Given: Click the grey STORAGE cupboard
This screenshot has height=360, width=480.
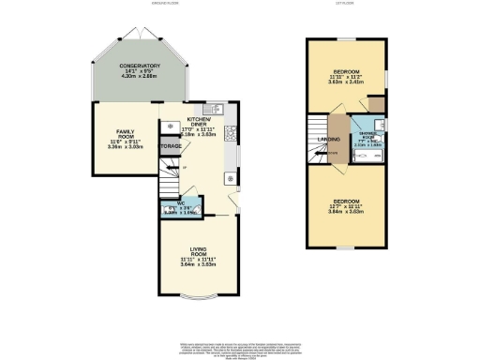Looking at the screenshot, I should pyautogui.click(x=170, y=147).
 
